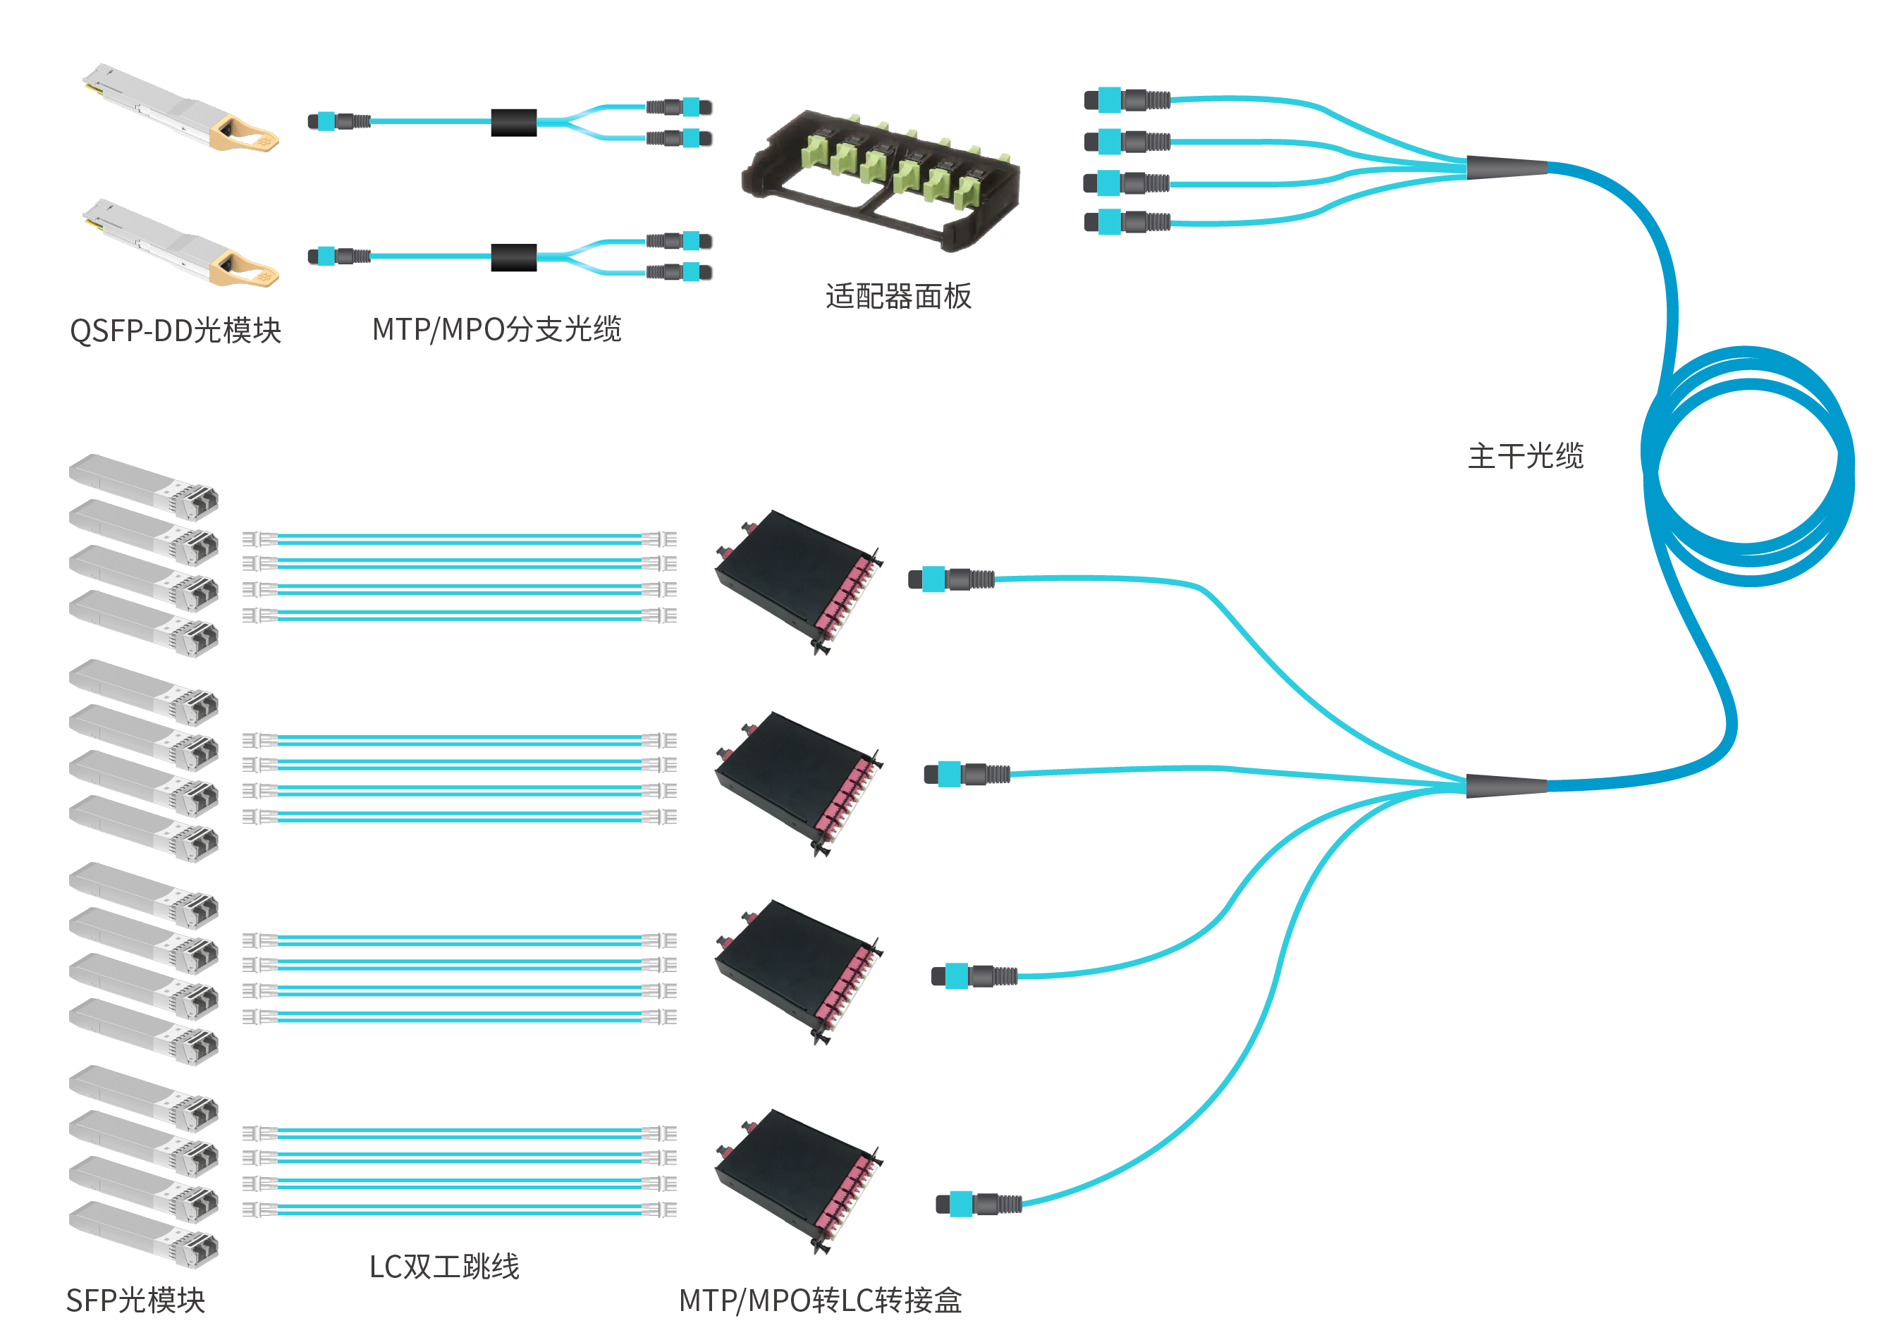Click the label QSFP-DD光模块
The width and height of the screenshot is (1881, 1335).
pyautogui.click(x=175, y=331)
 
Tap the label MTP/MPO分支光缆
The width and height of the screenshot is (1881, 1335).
pyautogui.click(x=496, y=329)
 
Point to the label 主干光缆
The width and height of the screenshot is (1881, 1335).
pyautogui.click(x=1525, y=455)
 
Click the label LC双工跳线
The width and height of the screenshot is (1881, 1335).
pyautogui.click(x=444, y=1266)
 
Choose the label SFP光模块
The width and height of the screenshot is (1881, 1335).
pyautogui.click(x=135, y=1300)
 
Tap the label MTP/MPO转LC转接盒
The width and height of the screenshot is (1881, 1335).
pyautogui.click(x=821, y=1300)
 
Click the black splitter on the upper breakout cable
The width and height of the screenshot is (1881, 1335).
pyautogui.click(x=514, y=123)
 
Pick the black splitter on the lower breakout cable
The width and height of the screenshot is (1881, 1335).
pyautogui.click(x=514, y=257)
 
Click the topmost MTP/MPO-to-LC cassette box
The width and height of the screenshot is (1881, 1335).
pyautogui.click(x=797, y=580)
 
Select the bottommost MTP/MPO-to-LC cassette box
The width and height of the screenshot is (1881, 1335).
pyautogui.click(x=797, y=1181)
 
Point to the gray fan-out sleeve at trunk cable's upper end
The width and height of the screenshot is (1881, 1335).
pyautogui.click(x=1506, y=167)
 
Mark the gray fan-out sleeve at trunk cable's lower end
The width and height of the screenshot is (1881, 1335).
pyautogui.click(x=1506, y=785)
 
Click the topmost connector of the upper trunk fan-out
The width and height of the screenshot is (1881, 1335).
pyautogui.click(x=1127, y=100)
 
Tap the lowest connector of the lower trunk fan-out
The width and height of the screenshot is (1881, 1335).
pyautogui.click(x=979, y=1205)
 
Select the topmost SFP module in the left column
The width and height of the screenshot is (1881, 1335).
pyautogui.click(x=144, y=486)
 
